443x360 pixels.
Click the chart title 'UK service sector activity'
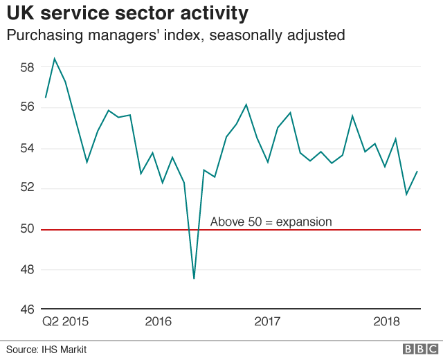pyautogui.click(x=128, y=13)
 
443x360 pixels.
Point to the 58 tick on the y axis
pyautogui.click(x=26, y=68)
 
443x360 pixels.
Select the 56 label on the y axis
pyautogui.click(x=26, y=108)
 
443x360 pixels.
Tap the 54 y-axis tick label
pyautogui.click(x=26, y=148)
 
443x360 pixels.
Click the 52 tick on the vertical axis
pyautogui.click(x=26, y=188)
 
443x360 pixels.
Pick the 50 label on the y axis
pyautogui.click(x=26, y=229)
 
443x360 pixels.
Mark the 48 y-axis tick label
pyautogui.click(x=26, y=269)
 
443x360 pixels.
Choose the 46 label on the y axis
pyautogui.click(x=26, y=309)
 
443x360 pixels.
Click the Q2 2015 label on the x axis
pyautogui.click(x=65, y=322)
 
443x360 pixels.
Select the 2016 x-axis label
pyautogui.click(x=158, y=322)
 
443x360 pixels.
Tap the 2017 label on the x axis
pyautogui.click(x=267, y=322)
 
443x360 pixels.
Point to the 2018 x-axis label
pyautogui.click(x=387, y=322)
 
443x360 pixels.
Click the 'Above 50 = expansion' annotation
pyautogui.click(x=271, y=222)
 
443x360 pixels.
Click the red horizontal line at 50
pyautogui.click(x=311, y=230)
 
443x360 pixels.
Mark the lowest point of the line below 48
pyautogui.click(x=194, y=278)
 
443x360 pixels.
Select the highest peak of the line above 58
pyautogui.click(x=55, y=59)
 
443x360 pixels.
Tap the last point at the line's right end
pyautogui.click(x=417, y=172)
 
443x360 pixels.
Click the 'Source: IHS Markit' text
pyautogui.click(x=46, y=349)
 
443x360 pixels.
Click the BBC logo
pyautogui.click(x=419, y=349)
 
